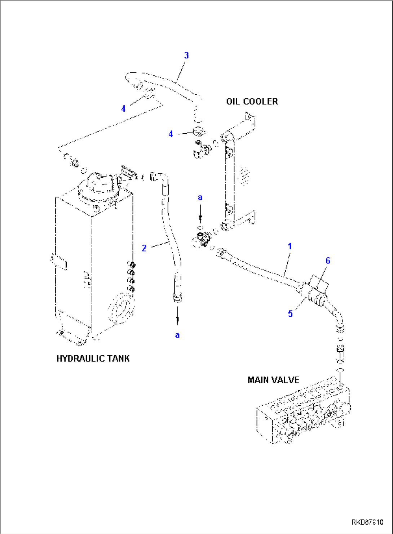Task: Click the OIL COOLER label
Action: point(252,102)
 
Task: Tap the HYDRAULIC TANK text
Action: point(93,359)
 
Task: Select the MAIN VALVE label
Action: point(273,380)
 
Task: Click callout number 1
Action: point(290,246)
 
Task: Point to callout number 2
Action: point(144,248)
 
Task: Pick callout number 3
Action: point(186,55)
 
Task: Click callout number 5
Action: point(290,314)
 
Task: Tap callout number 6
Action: point(328,261)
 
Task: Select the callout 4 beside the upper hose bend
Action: point(123,108)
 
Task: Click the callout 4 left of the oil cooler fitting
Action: point(171,134)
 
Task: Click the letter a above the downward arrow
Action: point(200,197)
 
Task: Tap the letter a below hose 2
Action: point(177,335)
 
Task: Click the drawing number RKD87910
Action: point(367,522)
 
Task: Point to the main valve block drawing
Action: point(303,411)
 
